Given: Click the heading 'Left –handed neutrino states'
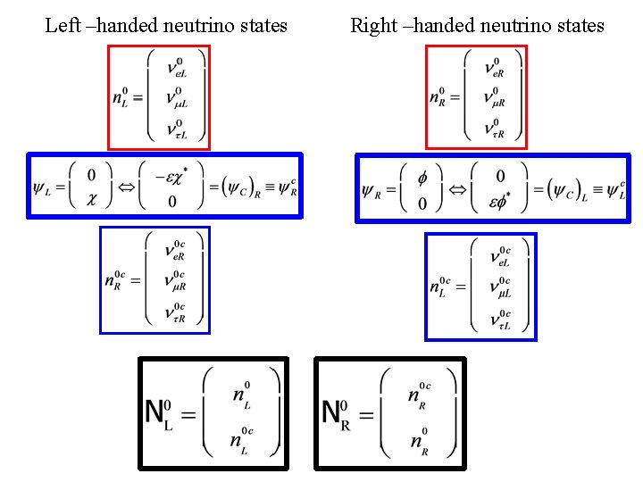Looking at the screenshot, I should (166, 25).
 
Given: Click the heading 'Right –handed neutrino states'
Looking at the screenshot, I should (477, 25).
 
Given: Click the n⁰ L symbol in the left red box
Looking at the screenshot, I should (122, 97).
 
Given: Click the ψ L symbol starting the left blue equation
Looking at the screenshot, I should (42, 187).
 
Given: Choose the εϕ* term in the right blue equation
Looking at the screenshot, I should (499, 204).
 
